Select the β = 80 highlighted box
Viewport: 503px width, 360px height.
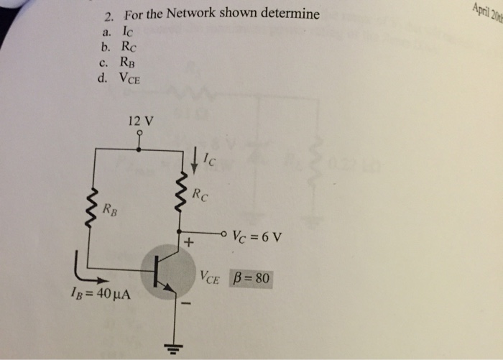click(251, 277)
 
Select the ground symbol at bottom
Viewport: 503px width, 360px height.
click(172, 349)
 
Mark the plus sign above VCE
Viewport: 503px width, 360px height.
click(190, 244)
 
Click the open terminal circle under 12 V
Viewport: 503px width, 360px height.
click(139, 133)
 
